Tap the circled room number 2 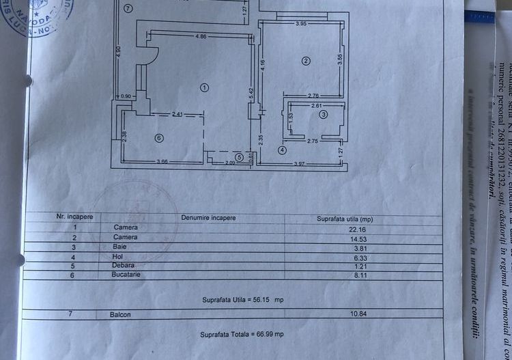coord(306,61)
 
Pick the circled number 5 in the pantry coord(239,157)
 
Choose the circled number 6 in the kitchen coord(159,138)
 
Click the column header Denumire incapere coord(208,218)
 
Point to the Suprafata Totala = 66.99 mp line coord(242,335)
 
